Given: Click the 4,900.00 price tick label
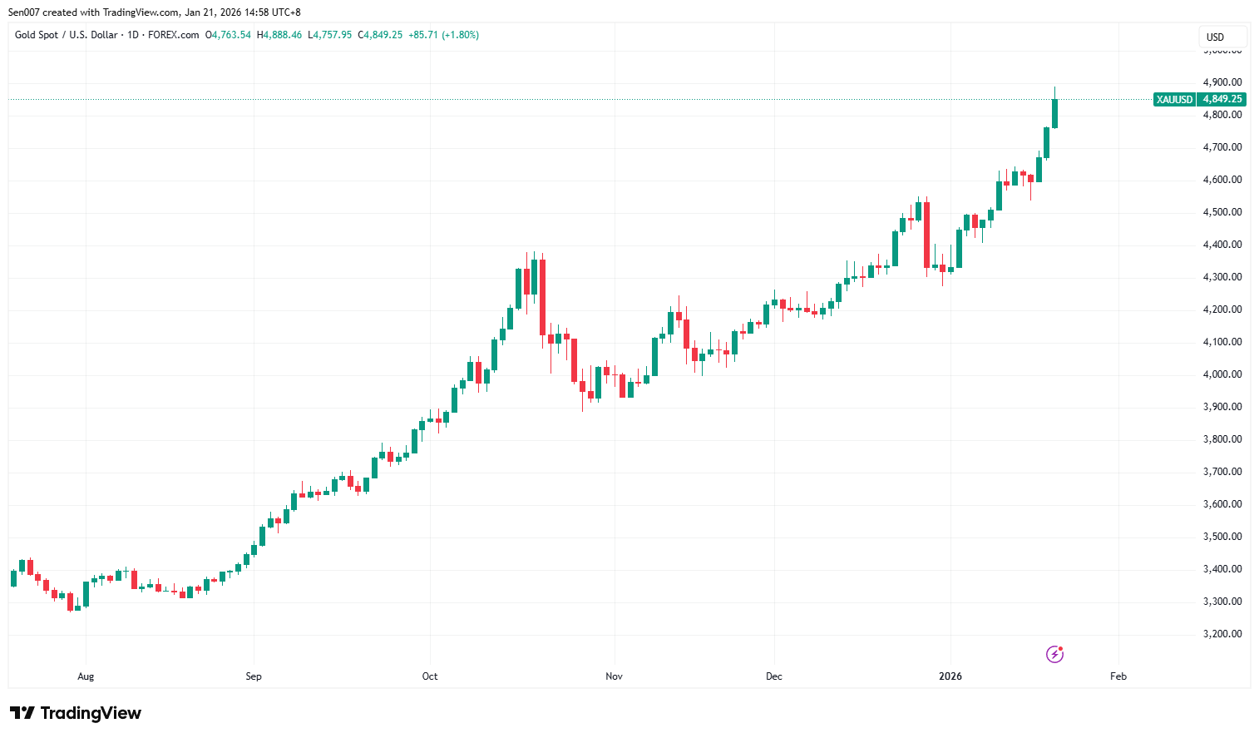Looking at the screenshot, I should point(1222,82).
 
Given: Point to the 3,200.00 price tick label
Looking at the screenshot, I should point(1222,634).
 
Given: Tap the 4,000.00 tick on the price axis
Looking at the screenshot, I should point(1222,374).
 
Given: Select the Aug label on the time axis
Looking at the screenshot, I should point(86,676).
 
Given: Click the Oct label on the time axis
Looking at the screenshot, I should point(430,676).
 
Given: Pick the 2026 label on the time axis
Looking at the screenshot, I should point(950,676).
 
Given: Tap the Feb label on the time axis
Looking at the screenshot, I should point(1118,676).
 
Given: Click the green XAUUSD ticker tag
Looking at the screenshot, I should point(1174,99).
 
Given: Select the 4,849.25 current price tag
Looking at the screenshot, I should point(1222,99).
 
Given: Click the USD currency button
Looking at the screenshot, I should point(1216,37).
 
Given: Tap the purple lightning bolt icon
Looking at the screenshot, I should point(1054,654).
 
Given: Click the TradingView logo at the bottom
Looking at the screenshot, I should point(76,713).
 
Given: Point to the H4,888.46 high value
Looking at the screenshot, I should point(279,35).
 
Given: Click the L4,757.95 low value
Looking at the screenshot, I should point(329,35).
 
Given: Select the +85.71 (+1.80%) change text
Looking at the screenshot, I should point(443,35).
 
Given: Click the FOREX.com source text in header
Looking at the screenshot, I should point(173,35).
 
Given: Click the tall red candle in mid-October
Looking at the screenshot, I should point(542,297).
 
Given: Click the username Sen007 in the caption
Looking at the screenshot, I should point(23,12).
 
